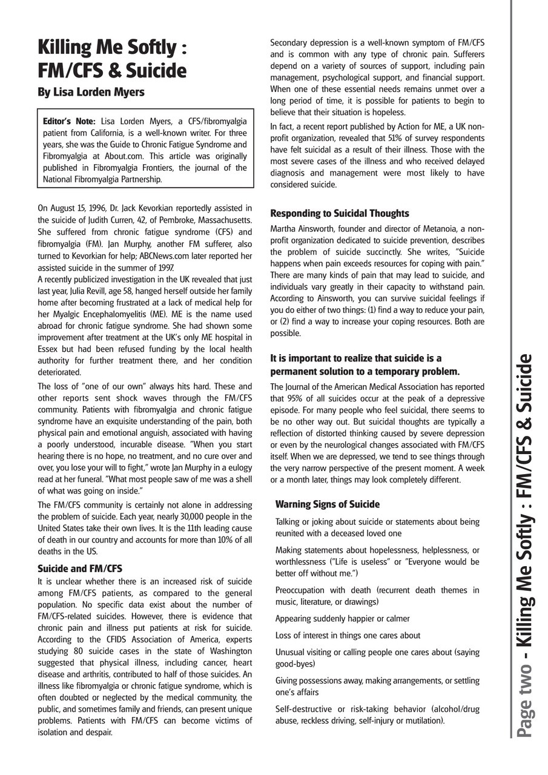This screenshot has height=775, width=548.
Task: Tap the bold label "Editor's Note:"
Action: (69, 122)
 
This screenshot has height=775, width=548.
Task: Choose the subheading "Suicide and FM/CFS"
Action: (80, 569)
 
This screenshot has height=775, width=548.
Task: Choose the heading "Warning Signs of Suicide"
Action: (328, 504)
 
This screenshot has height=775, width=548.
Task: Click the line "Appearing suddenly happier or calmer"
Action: (342, 619)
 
